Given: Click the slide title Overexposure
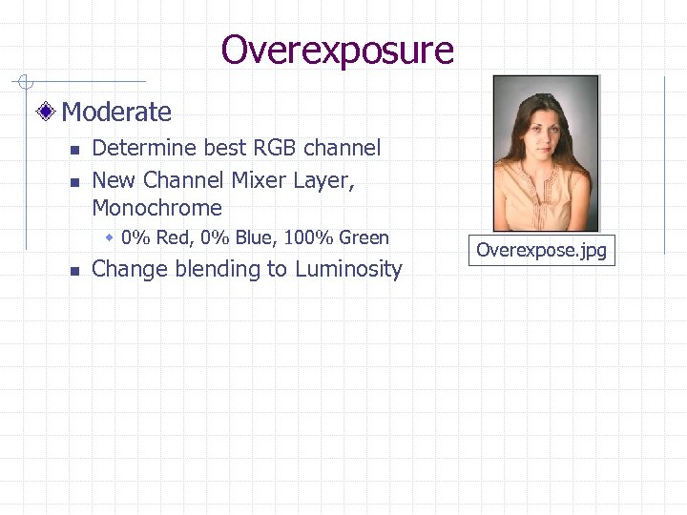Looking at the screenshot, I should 337,50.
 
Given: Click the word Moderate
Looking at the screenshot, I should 116,113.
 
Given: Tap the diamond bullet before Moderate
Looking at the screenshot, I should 48,113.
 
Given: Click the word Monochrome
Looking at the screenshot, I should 156,208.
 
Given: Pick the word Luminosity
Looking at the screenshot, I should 348,269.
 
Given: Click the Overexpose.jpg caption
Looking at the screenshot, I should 541,251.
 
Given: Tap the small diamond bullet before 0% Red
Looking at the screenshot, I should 111,237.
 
